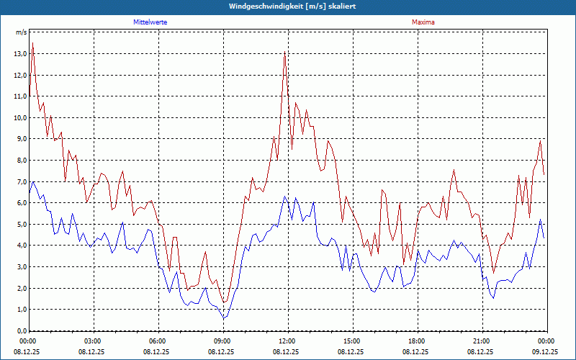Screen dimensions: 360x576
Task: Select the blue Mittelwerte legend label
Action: [150, 22]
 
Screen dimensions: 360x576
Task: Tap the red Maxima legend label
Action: [423, 22]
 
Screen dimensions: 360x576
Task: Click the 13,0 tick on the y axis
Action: [19, 54]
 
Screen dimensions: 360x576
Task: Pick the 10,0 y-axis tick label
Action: [19, 117]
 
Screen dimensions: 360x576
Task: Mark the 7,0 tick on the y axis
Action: [19, 181]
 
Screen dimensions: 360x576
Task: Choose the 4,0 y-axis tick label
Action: [19, 246]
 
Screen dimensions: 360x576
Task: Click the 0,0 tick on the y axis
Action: [19, 330]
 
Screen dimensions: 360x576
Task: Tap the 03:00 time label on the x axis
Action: [93, 341]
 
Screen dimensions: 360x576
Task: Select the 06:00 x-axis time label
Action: [158, 341]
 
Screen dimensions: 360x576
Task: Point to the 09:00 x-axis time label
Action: [222, 341]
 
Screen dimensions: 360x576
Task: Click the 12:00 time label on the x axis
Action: [287, 341]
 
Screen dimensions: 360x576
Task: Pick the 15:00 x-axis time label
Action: [352, 341]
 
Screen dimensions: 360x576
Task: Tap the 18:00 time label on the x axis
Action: [417, 341]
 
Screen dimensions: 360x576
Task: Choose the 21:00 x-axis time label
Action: [482, 341]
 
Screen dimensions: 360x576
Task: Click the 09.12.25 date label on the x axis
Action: [545, 352]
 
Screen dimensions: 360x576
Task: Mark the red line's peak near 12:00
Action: [285, 53]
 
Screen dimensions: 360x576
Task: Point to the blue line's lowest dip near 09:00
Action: [224, 318]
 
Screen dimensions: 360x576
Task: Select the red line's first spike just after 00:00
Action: [33, 43]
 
